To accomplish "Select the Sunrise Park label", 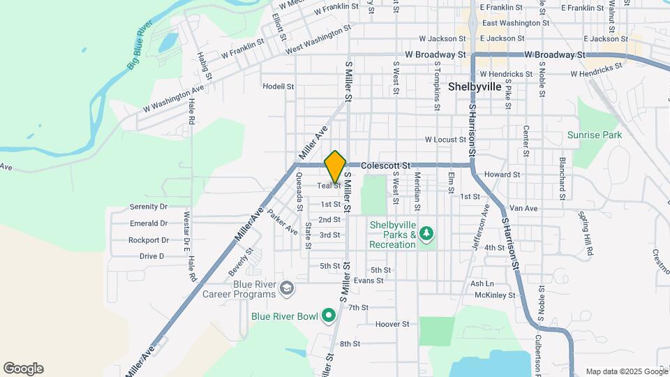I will (x=594, y=135).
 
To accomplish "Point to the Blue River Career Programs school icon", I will (x=286, y=288).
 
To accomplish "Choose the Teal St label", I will (x=328, y=186).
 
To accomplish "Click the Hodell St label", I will (x=278, y=87).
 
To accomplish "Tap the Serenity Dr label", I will (x=149, y=207).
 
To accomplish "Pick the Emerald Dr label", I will (x=149, y=223).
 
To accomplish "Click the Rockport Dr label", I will (x=149, y=240).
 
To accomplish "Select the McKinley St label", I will (x=494, y=295).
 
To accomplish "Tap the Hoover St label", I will (x=392, y=325).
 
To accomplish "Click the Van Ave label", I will (x=523, y=208).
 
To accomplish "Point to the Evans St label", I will (x=368, y=281).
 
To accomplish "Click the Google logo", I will (x=23, y=369).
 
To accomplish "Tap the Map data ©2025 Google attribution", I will (x=627, y=371).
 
